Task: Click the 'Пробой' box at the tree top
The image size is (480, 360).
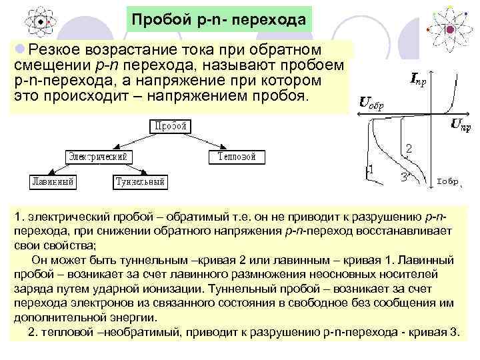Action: (x=170, y=126)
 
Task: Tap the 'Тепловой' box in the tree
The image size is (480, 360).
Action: (x=236, y=156)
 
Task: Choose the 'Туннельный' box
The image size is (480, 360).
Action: (x=139, y=181)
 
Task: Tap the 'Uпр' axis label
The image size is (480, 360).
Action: (x=461, y=123)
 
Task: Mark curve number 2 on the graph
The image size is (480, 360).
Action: (x=409, y=148)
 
